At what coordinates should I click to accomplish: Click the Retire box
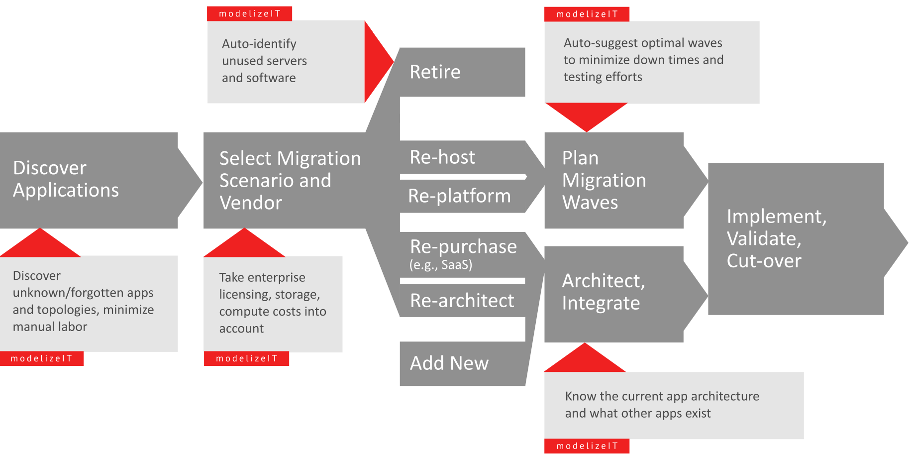tap(462, 72)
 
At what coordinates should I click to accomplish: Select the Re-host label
tap(442, 157)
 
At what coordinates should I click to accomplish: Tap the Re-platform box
tap(459, 196)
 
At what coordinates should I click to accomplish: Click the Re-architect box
tap(462, 301)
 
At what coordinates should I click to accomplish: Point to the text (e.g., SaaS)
tap(440, 265)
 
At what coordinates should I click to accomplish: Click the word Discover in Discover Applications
tap(50, 168)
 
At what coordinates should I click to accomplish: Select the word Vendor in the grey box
tap(251, 203)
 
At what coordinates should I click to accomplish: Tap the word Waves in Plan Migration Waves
tap(590, 203)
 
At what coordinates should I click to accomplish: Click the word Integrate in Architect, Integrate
tap(601, 303)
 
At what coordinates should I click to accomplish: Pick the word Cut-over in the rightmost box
tap(764, 261)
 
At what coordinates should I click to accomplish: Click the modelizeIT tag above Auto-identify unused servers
tap(250, 13)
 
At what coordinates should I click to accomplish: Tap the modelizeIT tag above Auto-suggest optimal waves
tap(587, 14)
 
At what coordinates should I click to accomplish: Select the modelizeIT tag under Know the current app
tap(587, 446)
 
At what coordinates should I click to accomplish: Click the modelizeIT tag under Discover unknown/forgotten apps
tap(42, 358)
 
